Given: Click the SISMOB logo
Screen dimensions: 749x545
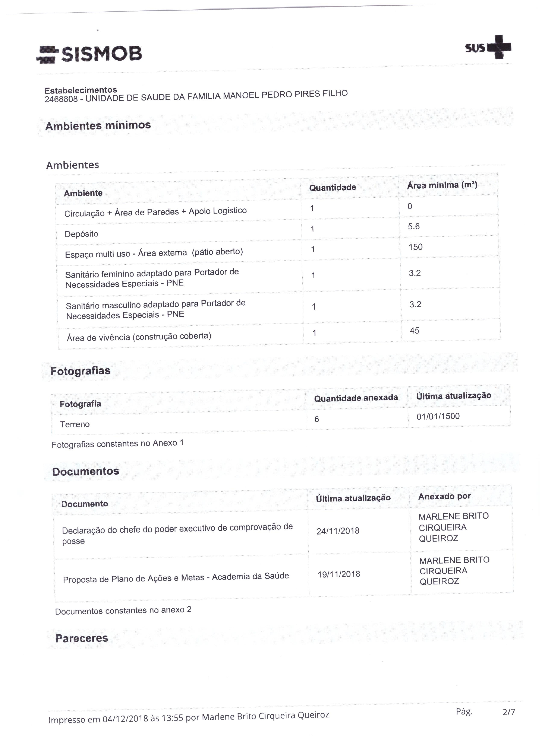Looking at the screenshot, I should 89,54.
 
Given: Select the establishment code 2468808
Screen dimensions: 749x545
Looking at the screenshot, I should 61,99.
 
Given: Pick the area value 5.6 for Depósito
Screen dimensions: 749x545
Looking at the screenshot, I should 413,227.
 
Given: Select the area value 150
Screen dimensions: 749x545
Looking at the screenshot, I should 415,247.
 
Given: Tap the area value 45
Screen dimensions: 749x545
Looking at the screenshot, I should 415,331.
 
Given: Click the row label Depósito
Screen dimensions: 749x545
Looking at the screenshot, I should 81,234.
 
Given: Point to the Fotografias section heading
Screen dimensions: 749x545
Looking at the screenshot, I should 80,371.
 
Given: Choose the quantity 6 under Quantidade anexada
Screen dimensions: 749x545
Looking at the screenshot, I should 317,419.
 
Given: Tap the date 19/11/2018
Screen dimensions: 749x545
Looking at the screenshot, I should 339,574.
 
